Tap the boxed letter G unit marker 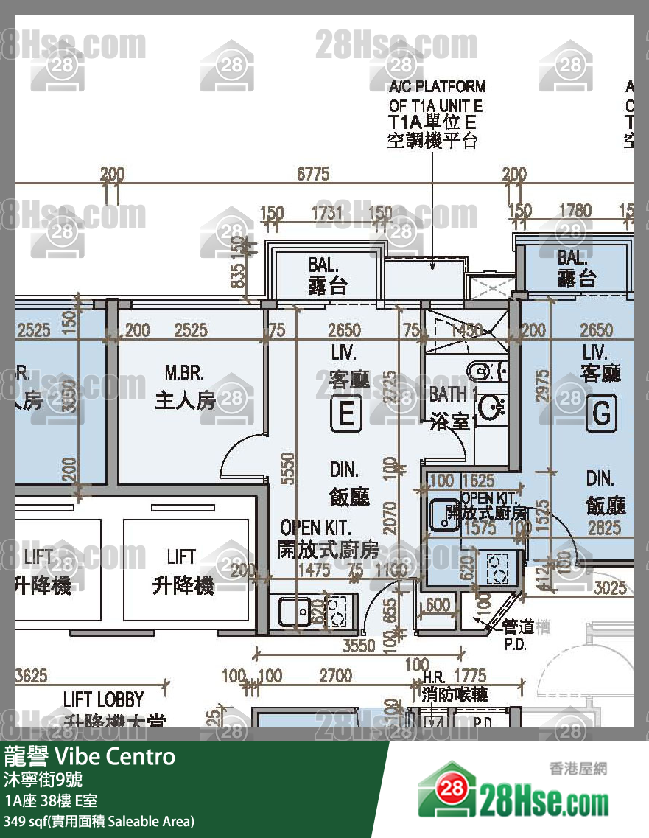(601, 415)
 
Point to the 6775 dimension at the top (312, 175)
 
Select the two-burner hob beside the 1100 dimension (337, 610)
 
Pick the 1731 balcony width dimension (326, 212)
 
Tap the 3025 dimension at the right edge (610, 587)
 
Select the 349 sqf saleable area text (99, 820)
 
